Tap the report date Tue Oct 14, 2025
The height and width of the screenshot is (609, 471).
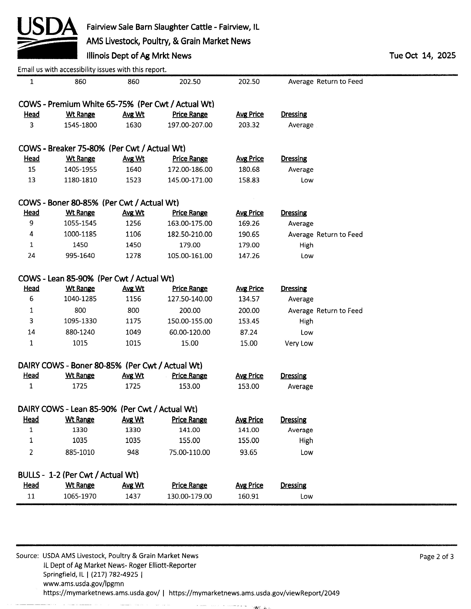coord(422,56)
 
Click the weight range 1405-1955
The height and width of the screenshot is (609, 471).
coord(80,169)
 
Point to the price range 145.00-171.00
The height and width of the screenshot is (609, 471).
coord(190,180)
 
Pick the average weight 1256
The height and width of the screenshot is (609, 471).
coord(133,223)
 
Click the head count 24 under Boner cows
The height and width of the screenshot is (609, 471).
coord(31,256)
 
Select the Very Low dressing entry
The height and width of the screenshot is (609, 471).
coord(299,343)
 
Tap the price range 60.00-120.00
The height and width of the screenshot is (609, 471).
coord(190,332)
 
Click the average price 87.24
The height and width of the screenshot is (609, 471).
coord(249,332)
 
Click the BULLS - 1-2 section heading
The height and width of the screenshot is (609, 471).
coord(78,475)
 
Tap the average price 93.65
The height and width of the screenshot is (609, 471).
coord(248,452)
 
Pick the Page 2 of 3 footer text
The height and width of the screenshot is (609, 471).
coord(436,557)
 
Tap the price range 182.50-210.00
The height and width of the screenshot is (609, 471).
coord(190,234)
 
